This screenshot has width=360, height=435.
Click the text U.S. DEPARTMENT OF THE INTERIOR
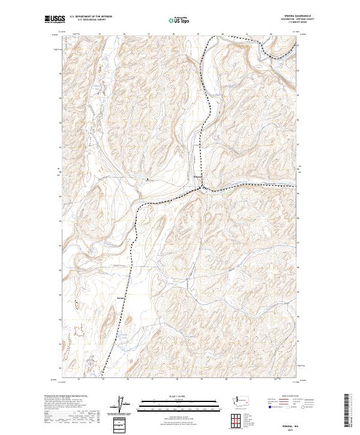point(90,17)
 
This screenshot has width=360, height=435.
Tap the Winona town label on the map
point(197,176)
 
